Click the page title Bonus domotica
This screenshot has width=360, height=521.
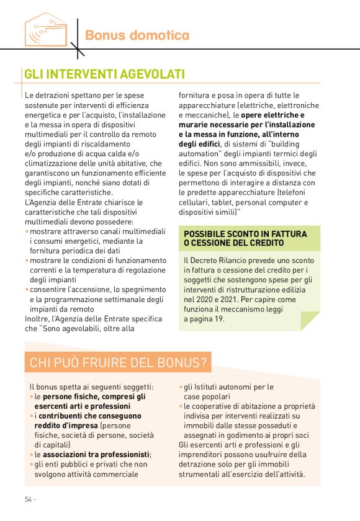click(137, 35)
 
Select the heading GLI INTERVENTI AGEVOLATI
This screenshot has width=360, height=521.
click(104, 74)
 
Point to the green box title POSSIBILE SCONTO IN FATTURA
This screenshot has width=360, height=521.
click(245, 234)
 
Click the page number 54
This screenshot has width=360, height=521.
click(29, 499)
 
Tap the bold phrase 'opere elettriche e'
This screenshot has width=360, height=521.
click(273, 115)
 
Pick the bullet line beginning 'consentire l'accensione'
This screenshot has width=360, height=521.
click(92, 290)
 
